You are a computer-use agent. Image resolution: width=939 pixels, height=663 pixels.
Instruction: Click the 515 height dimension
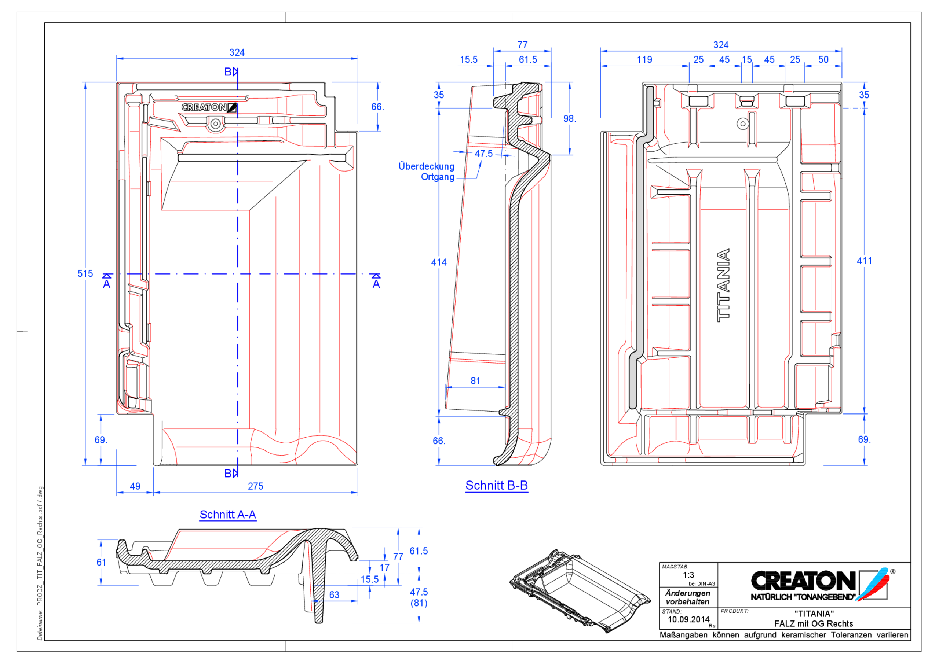(85, 273)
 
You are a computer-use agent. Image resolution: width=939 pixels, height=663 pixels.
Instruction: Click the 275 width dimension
(255, 486)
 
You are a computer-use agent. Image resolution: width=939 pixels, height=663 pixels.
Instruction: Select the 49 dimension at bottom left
(135, 486)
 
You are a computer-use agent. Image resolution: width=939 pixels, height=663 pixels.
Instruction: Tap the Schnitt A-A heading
(228, 515)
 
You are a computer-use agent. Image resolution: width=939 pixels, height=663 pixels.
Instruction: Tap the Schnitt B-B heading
(497, 485)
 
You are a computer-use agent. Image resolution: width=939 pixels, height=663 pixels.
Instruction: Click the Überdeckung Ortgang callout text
(427, 172)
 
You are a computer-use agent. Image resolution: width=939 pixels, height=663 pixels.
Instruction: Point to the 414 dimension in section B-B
(439, 262)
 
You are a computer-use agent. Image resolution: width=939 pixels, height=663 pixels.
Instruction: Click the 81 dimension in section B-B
(475, 380)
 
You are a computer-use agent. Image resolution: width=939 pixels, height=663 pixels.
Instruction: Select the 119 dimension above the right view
(644, 60)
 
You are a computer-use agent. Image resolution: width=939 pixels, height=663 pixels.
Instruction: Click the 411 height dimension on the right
(864, 261)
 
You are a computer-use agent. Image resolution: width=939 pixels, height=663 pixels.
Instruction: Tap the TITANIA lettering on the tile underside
(723, 285)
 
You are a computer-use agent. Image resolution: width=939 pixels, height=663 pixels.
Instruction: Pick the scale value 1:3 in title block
(688, 575)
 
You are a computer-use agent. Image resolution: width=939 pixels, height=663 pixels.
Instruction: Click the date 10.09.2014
(688, 619)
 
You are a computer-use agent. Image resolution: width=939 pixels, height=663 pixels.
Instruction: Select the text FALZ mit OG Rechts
(813, 624)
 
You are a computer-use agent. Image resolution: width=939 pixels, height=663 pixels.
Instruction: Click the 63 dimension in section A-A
(334, 595)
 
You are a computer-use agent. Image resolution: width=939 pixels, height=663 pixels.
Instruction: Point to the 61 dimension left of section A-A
(101, 562)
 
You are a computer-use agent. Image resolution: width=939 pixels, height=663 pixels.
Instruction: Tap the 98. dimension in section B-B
(569, 118)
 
